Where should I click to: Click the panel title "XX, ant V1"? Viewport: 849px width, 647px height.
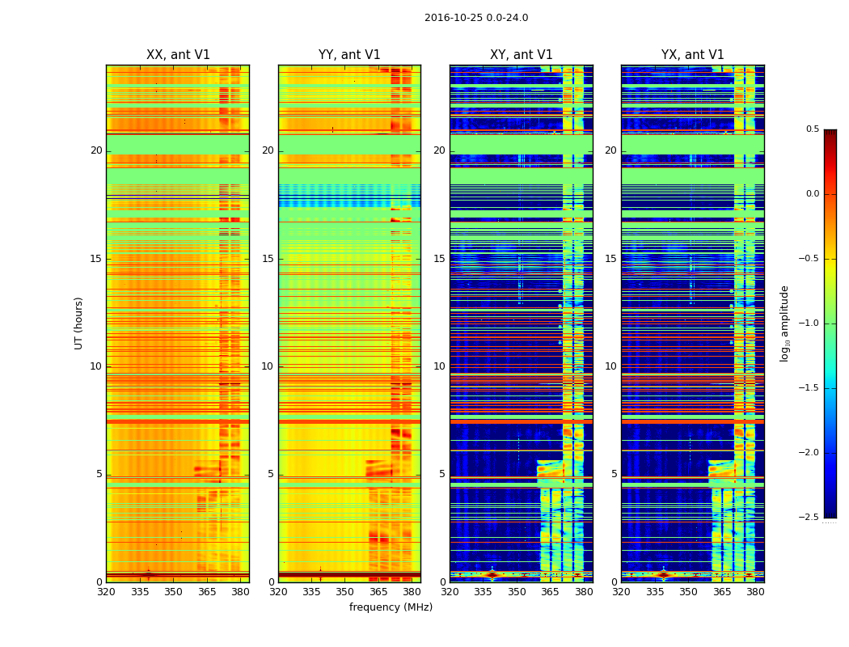178,55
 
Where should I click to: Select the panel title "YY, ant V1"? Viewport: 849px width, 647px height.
349,55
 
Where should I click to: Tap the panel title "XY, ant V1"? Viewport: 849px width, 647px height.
522,55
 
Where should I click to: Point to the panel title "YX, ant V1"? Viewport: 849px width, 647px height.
693,55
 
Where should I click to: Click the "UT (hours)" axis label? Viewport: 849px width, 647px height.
79,323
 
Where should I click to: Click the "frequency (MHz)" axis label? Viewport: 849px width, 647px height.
391,607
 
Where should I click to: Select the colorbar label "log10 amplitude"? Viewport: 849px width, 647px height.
784,323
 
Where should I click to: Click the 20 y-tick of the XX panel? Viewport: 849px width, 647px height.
96,150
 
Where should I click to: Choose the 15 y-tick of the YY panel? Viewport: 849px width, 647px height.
268,259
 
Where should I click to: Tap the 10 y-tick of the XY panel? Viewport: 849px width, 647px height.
439,366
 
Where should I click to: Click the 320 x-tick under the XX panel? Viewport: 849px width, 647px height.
106,592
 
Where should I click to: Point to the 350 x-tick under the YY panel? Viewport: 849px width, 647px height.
345,592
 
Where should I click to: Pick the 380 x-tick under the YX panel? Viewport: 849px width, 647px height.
755,592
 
